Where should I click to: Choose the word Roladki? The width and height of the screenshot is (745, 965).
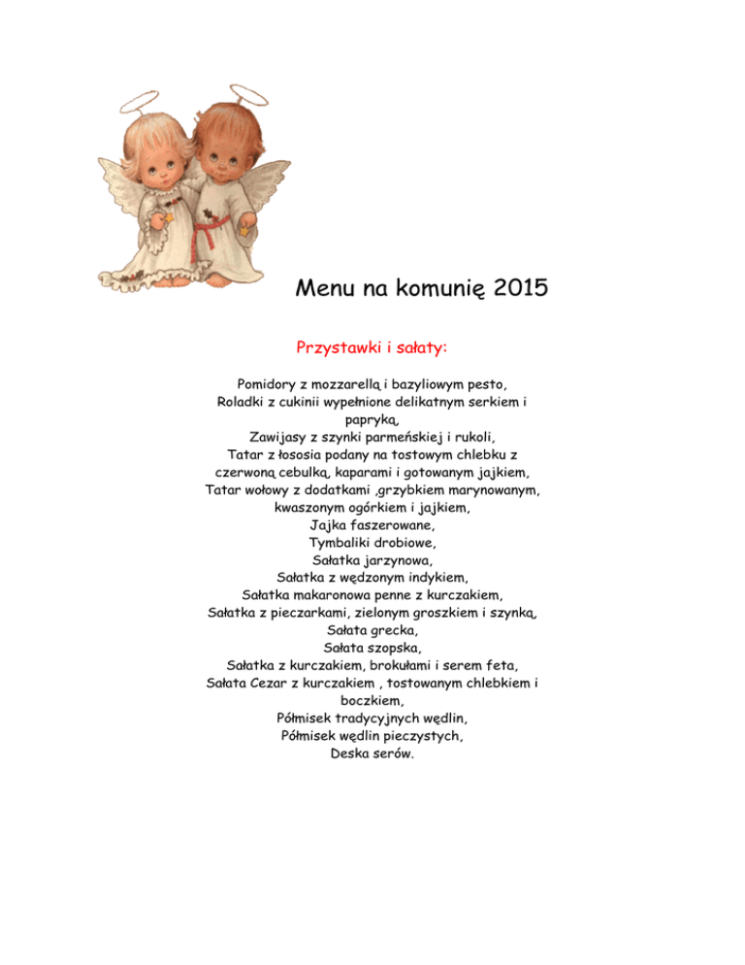pyautogui.click(x=246, y=401)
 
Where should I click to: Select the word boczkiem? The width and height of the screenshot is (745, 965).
pyautogui.click(x=372, y=699)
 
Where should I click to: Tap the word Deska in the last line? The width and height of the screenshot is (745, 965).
pyautogui.click(x=350, y=751)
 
